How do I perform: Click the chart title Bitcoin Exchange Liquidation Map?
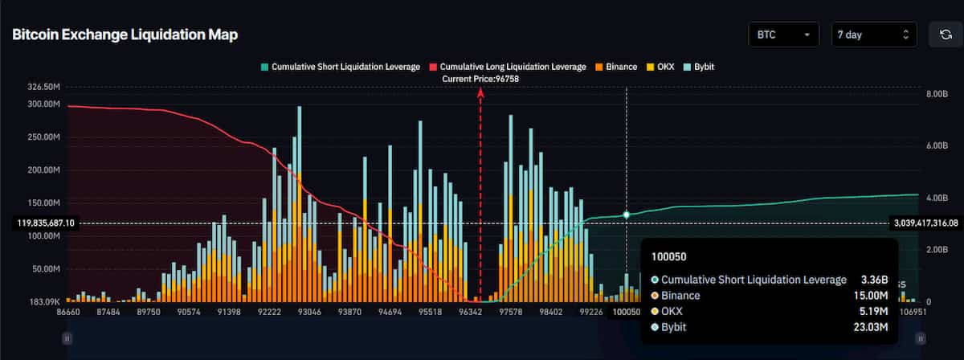click(125, 35)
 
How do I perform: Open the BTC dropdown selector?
click(782, 35)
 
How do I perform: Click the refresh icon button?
click(946, 35)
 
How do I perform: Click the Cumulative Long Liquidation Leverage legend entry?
click(507, 66)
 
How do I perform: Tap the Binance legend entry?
click(615, 66)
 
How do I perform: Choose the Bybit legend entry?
click(697, 66)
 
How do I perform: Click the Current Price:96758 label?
click(480, 79)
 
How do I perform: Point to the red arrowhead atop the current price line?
click(480, 93)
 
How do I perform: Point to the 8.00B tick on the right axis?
click(937, 94)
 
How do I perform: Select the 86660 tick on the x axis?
click(80, 312)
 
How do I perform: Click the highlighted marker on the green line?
click(627, 215)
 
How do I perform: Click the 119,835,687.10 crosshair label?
click(45, 223)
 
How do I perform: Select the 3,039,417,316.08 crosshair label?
click(925, 223)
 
